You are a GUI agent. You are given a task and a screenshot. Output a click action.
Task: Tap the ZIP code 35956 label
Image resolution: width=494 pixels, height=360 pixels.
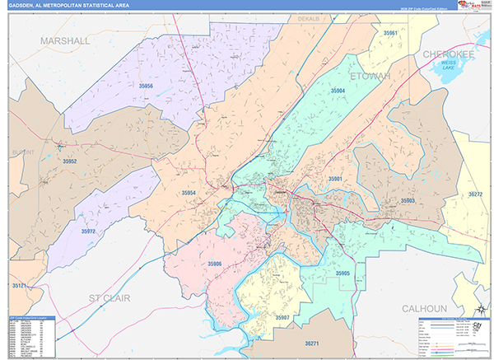tap(146, 86)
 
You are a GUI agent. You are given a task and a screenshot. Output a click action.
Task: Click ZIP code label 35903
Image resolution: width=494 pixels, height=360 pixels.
tap(407, 200)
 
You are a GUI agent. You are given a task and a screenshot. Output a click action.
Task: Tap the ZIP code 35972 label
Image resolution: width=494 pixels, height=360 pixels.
tap(88, 232)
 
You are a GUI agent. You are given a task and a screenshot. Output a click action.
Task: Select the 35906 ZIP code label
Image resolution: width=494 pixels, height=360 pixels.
tap(215, 264)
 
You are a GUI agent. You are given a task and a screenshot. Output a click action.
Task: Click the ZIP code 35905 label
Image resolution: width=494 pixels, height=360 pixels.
tap(343, 273)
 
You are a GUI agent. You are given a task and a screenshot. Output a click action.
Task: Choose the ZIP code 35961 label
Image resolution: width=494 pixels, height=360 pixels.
tap(390, 33)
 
